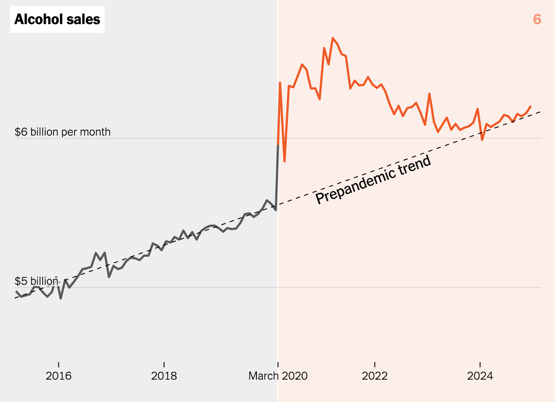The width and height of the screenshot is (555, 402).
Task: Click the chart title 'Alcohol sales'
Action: click(57, 19)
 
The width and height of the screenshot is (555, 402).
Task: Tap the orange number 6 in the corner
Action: click(537, 19)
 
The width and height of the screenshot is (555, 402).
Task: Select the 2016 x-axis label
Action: click(58, 376)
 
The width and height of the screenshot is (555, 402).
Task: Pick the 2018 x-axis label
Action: click(164, 376)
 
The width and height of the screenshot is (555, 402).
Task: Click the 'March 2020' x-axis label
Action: click(278, 376)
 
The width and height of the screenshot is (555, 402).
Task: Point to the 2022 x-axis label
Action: click(375, 376)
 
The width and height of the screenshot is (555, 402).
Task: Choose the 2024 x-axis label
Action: click(480, 376)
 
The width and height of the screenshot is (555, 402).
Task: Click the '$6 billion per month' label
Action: click(63, 132)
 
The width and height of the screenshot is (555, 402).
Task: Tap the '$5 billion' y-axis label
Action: click(36, 281)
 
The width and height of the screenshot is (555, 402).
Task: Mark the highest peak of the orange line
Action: click(332, 38)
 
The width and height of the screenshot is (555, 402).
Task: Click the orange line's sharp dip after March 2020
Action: click(285, 162)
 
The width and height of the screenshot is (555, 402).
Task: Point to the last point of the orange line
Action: click(531, 106)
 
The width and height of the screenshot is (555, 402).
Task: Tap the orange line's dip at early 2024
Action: click(482, 140)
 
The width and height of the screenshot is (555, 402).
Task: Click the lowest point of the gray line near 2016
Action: click(61, 298)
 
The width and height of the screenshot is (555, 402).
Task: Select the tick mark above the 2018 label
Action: click(164, 365)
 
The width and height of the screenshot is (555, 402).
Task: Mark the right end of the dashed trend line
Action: click(541, 111)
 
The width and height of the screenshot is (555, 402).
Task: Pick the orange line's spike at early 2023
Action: click(429, 94)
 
